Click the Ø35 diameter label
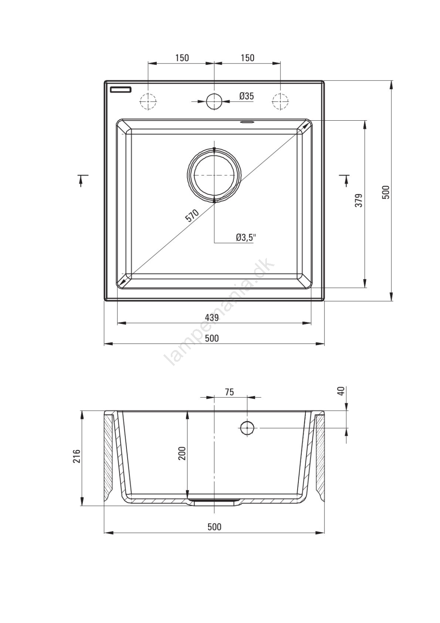coord(247,96)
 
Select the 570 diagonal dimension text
coord(192,216)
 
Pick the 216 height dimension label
coord(76,464)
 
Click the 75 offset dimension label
coord(229,392)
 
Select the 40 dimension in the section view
coord(342,391)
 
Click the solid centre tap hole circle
coord(214,100)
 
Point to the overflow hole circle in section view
coord(247,428)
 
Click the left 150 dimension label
coord(182,58)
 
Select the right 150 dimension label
coord(247,58)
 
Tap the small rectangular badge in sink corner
coord(121,89)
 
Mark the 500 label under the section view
coord(214,527)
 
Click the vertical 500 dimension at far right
coord(386,192)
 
